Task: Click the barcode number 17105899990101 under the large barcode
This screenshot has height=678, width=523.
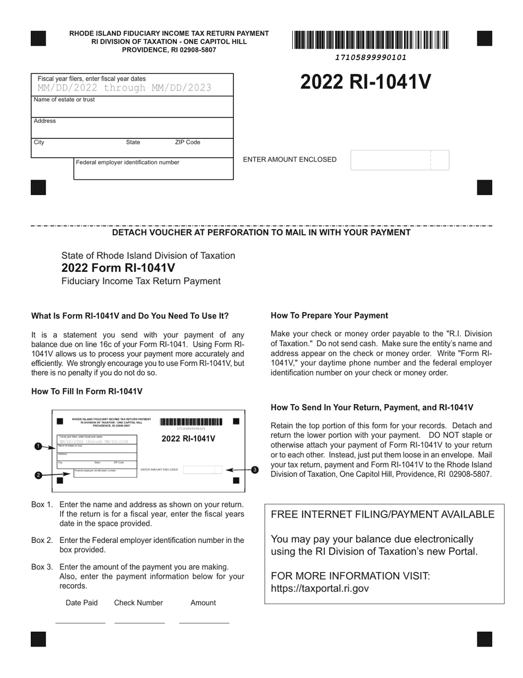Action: [x=371, y=57]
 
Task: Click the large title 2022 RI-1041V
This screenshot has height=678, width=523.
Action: [x=366, y=82]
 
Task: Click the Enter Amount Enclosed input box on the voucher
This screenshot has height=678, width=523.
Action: [x=400, y=160]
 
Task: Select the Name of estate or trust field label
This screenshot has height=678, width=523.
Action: [x=64, y=100]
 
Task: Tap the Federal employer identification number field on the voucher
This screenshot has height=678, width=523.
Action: [x=153, y=171]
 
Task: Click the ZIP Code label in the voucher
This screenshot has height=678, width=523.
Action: [x=187, y=142]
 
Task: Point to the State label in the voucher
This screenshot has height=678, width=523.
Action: [x=133, y=142]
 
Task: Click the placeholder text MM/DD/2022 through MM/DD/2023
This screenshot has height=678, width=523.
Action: [x=124, y=88]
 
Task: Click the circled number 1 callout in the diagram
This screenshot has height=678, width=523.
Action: [x=38, y=446]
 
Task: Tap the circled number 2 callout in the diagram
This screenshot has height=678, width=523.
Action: [x=38, y=475]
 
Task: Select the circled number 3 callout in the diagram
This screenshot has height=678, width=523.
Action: [x=254, y=470]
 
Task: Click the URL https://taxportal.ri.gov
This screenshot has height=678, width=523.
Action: [x=320, y=588]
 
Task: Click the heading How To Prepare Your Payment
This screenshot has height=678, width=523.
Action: [x=329, y=316]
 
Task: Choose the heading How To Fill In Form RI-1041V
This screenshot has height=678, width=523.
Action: [x=87, y=391]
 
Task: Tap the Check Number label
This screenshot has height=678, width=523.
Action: [x=138, y=602]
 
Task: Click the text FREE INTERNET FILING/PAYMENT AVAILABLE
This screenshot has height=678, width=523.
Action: [x=383, y=514]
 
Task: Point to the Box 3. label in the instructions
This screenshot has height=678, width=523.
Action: [x=42, y=567]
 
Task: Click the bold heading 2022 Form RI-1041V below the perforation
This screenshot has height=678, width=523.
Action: [x=118, y=268]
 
